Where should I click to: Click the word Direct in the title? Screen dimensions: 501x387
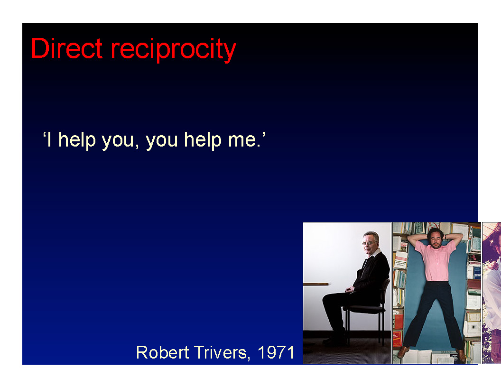[x=67, y=48]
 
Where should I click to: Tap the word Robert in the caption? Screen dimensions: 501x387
[x=163, y=352]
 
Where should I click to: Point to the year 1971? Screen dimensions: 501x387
[x=276, y=352]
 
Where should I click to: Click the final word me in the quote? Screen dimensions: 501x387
[x=244, y=140]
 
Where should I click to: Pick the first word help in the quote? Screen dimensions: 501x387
[x=77, y=140]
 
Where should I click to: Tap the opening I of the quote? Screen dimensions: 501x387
[x=49, y=140]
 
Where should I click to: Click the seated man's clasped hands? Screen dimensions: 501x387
[x=350, y=290]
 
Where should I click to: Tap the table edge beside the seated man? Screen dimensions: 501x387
[x=316, y=284]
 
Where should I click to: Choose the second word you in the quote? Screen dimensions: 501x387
[x=162, y=141]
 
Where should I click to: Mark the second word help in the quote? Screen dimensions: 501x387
[x=203, y=140]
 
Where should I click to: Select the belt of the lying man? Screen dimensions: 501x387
[x=436, y=282]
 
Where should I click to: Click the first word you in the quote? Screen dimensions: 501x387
[x=118, y=141]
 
